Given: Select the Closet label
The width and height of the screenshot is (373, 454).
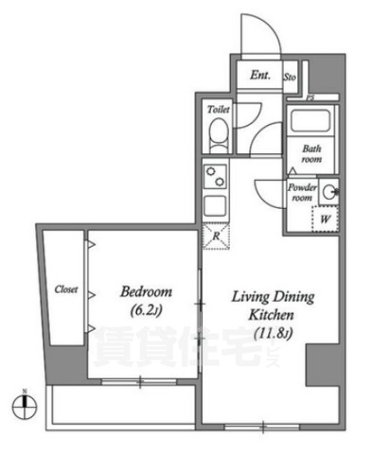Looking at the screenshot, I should pos(65,288).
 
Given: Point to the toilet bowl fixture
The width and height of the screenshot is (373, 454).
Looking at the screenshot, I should pos(216,139).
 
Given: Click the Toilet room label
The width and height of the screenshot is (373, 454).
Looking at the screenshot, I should pos(217,110).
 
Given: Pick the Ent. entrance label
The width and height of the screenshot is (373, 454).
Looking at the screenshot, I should pos(259,76).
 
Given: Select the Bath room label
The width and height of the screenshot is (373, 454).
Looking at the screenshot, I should pos(311,153).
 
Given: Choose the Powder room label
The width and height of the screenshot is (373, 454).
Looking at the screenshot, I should pos(301,192).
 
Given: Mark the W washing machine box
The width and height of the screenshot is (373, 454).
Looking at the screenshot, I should pos(325,218).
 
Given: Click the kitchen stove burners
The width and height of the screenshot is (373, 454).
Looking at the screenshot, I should pos(216,176).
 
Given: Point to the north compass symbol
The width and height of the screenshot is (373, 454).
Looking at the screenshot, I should pos(28,408).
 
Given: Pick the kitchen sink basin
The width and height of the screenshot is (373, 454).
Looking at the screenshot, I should pos(216,205).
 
